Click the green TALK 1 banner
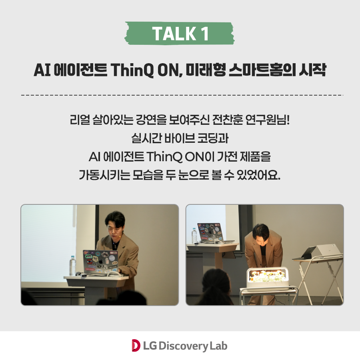180,33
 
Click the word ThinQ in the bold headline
132,70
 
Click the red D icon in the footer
136,346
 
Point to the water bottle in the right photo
194,236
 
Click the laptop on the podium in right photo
211,232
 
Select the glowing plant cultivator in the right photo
267,278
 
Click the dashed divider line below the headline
182,95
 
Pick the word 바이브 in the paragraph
180,138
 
